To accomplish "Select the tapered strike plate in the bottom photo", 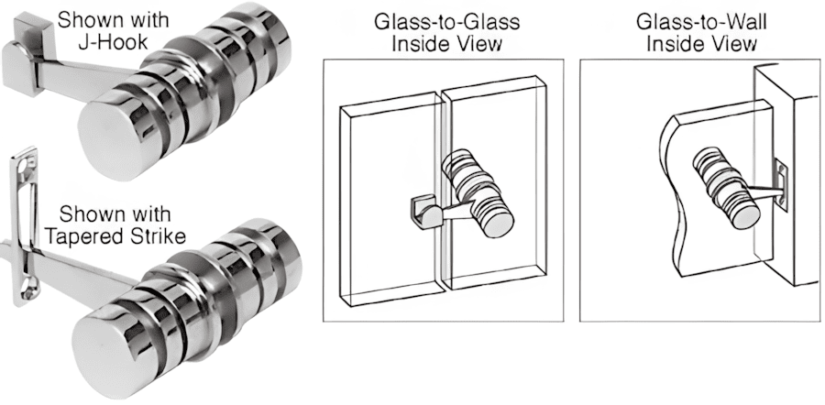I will pos(27,229).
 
